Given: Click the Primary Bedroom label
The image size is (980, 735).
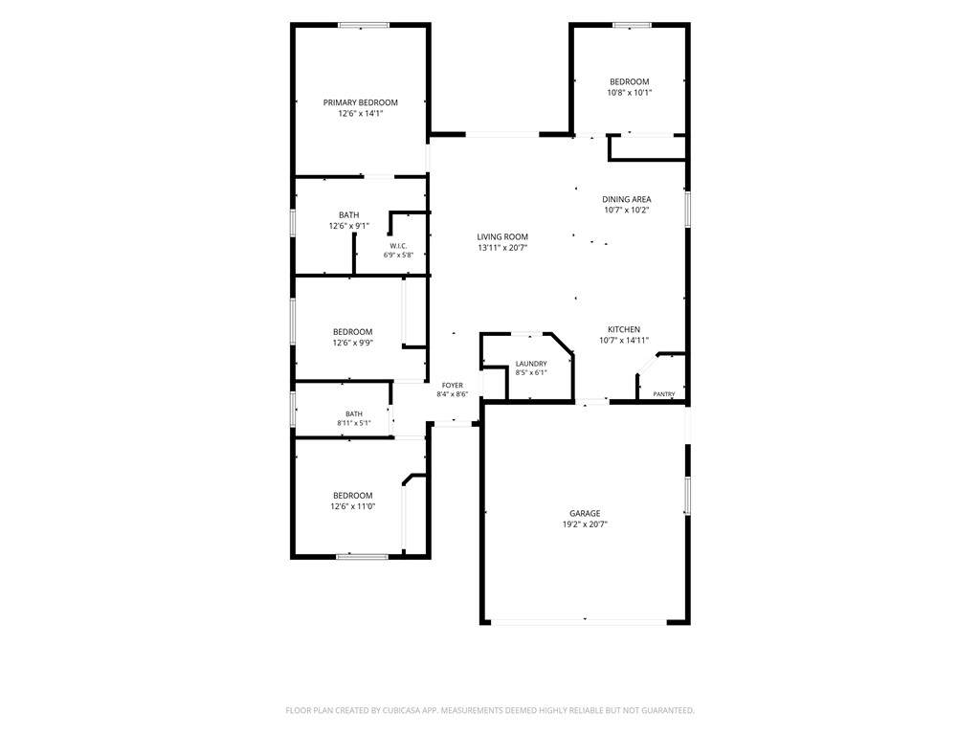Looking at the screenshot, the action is (x=360, y=102).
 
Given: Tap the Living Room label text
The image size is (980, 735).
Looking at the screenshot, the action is (x=502, y=237).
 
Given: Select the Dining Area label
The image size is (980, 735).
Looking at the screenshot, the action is (x=626, y=199).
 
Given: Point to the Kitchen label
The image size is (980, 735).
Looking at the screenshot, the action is (x=624, y=329).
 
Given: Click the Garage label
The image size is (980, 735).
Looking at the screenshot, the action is (x=585, y=514).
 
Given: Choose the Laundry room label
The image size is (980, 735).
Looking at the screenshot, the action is (x=531, y=364).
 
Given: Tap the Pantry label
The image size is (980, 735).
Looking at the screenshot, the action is (x=664, y=394).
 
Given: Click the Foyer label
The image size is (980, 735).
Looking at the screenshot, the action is (x=453, y=386).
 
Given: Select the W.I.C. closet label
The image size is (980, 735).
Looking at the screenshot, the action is (x=398, y=246).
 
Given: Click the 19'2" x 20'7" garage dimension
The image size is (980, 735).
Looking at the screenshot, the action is (x=585, y=525).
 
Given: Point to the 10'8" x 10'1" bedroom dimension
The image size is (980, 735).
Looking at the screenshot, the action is (x=630, y=93).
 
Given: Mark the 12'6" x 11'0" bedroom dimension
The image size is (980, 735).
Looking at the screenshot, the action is (x=353, y=507).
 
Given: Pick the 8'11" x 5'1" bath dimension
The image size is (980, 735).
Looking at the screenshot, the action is (x=354, y=423).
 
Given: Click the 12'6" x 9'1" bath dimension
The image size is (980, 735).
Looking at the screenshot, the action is (x=348, y=226).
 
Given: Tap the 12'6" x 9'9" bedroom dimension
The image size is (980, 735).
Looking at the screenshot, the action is (x=353, y=344).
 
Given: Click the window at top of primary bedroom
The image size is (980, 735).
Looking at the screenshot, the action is (x=364, y=26).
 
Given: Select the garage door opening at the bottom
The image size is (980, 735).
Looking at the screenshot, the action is (x=579, y=622).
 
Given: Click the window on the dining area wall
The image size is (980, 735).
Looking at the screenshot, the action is (x=687, y=209).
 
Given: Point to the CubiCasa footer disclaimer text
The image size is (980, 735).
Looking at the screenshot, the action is (x=490, y=711).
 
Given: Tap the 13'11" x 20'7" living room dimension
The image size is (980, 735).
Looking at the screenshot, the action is (x=503, y=248).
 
